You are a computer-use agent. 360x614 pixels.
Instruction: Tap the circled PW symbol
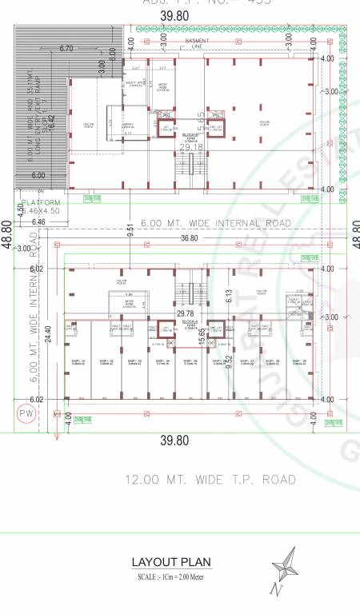(x=26, y=414)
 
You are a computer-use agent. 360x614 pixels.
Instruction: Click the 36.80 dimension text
(x=189, y=238)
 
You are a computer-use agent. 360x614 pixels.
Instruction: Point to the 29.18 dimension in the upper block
(x=190, y=147)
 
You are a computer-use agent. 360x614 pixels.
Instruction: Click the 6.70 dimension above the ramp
(x=66, y=49)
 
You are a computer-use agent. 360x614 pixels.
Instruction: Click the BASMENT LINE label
(x=197, y=44)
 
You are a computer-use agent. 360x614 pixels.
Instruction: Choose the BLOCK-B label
(x=190, y=135)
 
